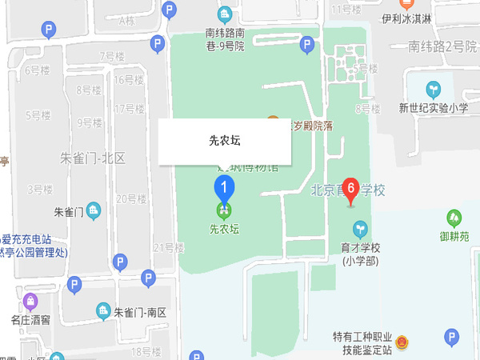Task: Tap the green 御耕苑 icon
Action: click(x=454, y=217)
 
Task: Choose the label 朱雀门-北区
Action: click(x=93, y=158)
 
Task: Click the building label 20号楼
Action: click(x=130, y=198)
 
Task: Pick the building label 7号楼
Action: click(x=112, y=56)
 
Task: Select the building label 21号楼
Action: click(x=163, y=247)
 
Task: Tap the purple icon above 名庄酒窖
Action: click(x=30, y=302)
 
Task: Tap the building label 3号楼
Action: click(x=39, y=190)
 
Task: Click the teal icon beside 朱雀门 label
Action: click(x=94, y=212)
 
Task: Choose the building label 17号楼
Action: click(x=128, y=109)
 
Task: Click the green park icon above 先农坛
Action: click(x=225, y=211)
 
